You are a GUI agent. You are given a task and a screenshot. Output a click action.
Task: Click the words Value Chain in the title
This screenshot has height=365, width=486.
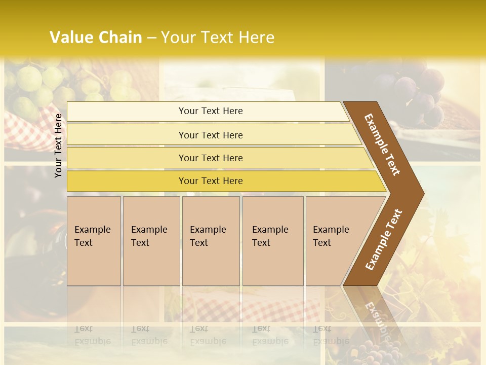click(x=96, y=38)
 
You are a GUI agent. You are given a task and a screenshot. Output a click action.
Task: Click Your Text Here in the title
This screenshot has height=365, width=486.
click(x=218, y=38)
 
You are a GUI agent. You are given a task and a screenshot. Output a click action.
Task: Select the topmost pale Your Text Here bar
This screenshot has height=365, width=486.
click(x=211, y=111)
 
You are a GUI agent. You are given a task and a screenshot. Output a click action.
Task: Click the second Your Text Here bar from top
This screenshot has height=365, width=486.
click(x=211, y=135)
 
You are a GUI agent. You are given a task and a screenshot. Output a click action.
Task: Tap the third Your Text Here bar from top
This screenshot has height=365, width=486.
click(x=211, y=158)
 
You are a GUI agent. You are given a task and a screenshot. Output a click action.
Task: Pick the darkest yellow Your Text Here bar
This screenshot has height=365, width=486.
click(x=211, y=181)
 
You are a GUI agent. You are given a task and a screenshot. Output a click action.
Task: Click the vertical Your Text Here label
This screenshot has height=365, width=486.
click(x=58, y=145)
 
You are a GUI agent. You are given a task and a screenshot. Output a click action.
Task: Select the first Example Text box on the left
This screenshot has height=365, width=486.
click(x=94, y=241)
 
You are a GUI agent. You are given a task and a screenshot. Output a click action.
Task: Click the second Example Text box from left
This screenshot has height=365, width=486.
click(x=151, y=241)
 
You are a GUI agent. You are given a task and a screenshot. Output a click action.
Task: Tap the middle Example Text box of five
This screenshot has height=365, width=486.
click(x=211, y=241)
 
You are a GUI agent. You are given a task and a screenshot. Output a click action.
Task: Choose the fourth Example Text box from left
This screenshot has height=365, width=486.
click(x=273, y=241)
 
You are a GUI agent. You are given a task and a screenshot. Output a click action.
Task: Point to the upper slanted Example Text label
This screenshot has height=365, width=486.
click(x=382, y=144)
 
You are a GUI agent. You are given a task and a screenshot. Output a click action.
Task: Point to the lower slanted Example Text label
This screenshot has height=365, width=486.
click(x=383, y=239)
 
